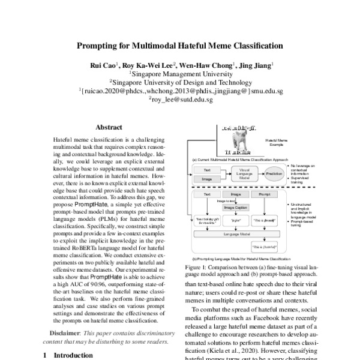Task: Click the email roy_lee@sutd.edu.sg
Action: point(181,100)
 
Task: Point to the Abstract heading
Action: point(109,127)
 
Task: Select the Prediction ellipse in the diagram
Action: point(274,173)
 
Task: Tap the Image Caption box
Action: point(236,208)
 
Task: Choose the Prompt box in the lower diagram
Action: point(263,194)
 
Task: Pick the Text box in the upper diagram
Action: point(206,170)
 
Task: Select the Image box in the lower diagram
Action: point(235,194)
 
